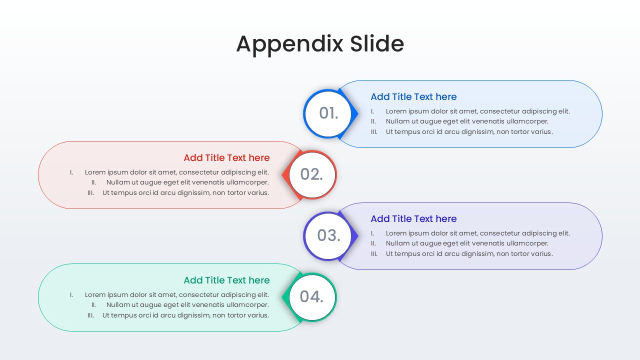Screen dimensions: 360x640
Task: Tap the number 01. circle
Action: click(328, 113)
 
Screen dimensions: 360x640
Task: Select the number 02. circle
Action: click(312, 174)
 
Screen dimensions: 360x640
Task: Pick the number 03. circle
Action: click(328, 235)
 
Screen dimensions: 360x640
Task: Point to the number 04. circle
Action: click(312, 297)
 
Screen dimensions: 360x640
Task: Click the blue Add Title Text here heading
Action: click(413, 96)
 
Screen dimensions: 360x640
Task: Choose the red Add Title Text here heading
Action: click(226, 157)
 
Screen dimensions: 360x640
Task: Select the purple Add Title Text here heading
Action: click(413, 218)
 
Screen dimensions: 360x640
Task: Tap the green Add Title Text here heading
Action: click(226, 280)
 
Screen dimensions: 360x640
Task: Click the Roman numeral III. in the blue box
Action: click(374, 132)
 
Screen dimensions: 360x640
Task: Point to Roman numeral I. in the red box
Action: click(71, 172)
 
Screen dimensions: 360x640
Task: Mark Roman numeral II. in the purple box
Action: click(373, 243)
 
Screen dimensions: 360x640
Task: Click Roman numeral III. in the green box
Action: click(90, 315)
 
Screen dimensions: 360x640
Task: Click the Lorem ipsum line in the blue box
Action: click(477, 111)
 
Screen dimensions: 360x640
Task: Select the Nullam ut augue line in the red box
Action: click(187, 182)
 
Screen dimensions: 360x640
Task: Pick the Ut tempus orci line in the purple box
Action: click(469, 253)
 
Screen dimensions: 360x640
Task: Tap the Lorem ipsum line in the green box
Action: click(176, 295)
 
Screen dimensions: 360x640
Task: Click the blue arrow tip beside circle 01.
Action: click(356, 114)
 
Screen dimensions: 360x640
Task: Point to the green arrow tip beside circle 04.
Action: click(284, 297)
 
